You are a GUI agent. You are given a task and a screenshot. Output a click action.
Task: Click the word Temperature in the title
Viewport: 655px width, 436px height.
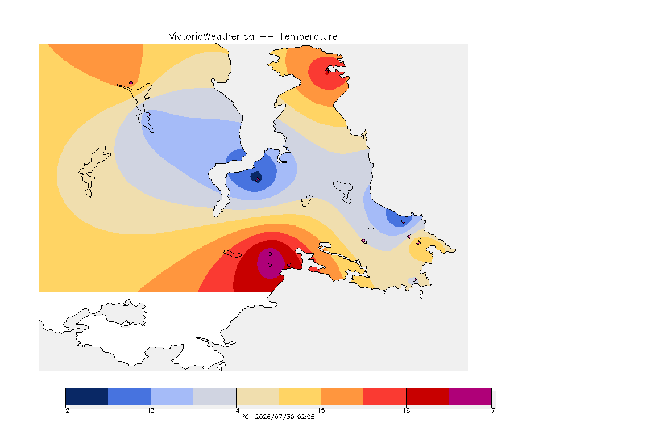coord(308,37)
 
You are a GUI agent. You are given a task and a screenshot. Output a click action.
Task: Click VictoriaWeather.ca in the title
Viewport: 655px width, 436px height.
coord(212,37)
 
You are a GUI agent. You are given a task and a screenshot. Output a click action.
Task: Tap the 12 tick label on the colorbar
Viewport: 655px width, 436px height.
coord(65,410)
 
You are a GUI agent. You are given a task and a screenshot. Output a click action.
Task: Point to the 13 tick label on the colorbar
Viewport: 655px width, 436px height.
coord(151,410)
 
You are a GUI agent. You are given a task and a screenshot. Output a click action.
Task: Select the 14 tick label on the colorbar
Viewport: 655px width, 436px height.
coord(236,410)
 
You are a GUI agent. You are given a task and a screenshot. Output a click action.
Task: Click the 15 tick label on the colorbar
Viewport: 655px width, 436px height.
coord(321,410)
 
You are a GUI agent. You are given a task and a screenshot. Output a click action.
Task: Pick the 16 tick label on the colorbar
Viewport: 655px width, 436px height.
coord(406,410)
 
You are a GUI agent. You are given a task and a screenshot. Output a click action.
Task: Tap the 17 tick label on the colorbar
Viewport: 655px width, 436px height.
coord(491,410)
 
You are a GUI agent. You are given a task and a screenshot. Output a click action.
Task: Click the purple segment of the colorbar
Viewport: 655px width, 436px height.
coord(470,396)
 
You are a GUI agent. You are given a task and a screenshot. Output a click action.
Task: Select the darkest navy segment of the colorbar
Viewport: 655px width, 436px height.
coord(87,396)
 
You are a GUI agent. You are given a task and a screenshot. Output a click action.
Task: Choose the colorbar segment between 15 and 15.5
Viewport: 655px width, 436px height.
coord(342,396)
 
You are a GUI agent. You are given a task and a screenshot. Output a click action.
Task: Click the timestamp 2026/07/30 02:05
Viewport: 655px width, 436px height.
coord(284,417)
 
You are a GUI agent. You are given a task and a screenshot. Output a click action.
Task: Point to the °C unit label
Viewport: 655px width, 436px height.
coord(246,417)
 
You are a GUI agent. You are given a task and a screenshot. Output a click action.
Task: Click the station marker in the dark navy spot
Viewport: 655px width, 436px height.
coord(258,180)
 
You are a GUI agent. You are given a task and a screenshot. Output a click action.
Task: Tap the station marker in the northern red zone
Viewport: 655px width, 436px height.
coord(327,72)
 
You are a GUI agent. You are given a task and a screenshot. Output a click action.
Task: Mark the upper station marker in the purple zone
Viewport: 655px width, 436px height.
coord(270,254)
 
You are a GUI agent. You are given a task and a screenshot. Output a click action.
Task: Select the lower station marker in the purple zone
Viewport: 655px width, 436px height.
coord(270,265)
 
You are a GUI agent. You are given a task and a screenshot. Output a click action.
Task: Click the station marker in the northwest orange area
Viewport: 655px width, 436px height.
coord(131,83)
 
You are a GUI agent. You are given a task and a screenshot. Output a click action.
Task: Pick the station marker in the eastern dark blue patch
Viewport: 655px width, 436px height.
coord(403,221)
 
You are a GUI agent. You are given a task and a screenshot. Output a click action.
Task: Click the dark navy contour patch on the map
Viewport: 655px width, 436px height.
coord(256,177)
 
